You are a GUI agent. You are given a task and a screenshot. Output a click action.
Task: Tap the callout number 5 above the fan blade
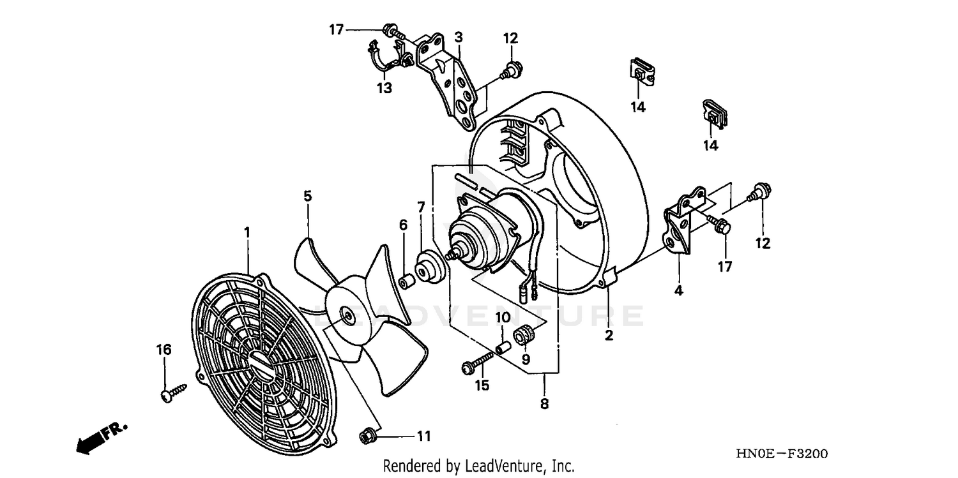click(x=307, y=196)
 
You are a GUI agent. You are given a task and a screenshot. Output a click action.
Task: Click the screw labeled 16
click(x=172, y=392)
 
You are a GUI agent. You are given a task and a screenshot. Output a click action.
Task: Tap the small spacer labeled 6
click(x=403, y=281)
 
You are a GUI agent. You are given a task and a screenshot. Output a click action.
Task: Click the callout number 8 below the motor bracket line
click(x=544, y=403)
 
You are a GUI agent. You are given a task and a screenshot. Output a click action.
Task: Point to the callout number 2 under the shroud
click(x=609, y=335)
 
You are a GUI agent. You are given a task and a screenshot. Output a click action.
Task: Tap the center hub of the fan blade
click(x=347, y=313)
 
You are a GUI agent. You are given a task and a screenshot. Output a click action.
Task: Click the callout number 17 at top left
click(x=337, y=29)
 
